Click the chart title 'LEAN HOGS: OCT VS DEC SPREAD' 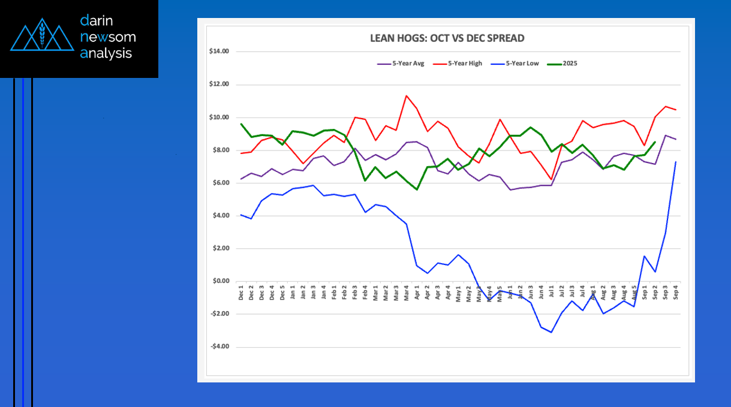coord(447,38)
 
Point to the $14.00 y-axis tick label coord(219,52)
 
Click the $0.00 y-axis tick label coord(220,281)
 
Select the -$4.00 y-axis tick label coord(219,346)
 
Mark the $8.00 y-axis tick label coord(220,150)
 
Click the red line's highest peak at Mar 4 coord(407,95)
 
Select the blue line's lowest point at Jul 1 coord(551,332)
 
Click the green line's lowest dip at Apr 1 coord(417,189)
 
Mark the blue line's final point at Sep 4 coord(676,162)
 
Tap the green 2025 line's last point coord(655,142)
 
